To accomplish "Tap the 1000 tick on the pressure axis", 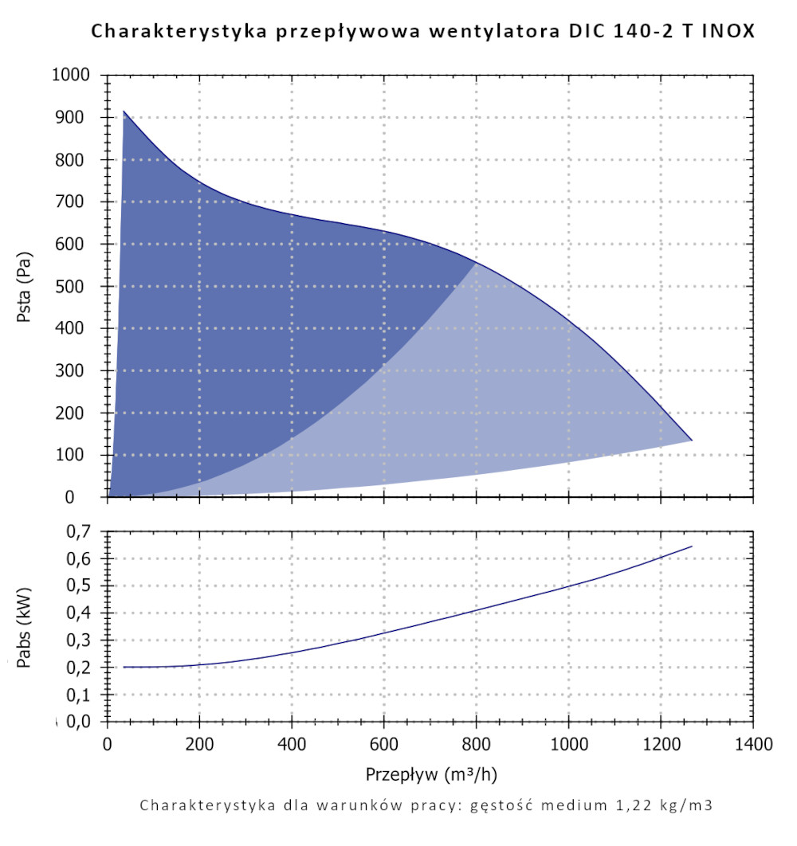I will [x=73, y=76].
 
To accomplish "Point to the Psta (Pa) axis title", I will [x=26, y=286].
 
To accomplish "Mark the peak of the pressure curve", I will [x=124, y=112].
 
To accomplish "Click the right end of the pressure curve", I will [x=691, y=440].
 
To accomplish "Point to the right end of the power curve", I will [x=691, y=546].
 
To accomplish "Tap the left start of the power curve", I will [x=124, y=667].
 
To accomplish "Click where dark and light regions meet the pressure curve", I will [x=477, y=261].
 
